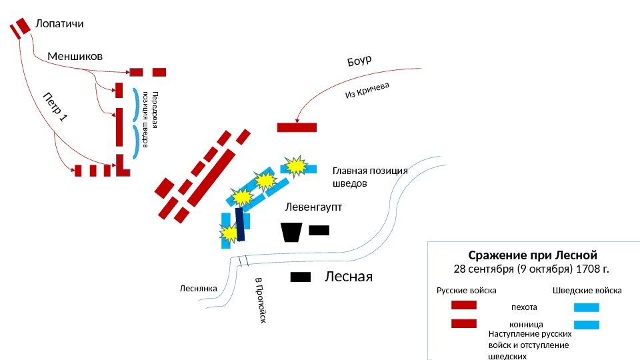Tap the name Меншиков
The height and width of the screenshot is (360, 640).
point(75,56)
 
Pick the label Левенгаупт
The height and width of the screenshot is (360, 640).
point(313,207)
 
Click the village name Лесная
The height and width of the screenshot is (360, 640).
point(348,277)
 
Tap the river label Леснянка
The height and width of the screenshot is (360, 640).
point(199,289)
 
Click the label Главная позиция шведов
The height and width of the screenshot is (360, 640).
point(369,176)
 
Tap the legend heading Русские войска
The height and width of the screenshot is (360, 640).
point(467,291)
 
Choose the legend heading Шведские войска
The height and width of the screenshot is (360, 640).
point(587,291)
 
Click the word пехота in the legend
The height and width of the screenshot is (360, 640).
point(523,307)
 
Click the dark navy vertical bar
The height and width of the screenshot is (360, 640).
point(240,224)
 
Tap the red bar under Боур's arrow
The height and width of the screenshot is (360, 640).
point(297,127)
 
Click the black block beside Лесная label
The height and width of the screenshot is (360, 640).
point(301,277)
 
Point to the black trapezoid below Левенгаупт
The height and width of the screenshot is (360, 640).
point(291,233)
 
